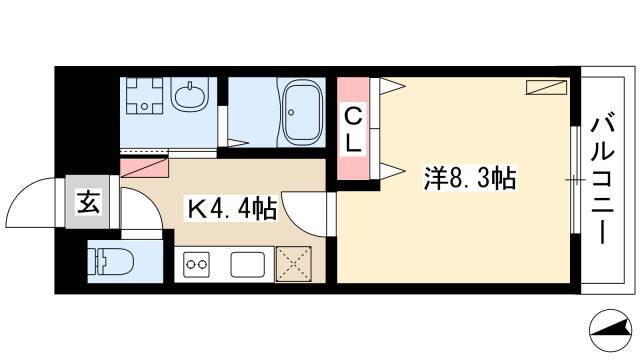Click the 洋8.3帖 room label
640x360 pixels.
point(470,178)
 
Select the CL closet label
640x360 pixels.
point(353,131)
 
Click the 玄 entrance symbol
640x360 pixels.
point(88,202)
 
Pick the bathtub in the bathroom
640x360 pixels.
point(303,111)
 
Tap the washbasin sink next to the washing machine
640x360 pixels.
point(190,94)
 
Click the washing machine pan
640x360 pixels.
point(144,95)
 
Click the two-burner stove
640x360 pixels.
point(196,264)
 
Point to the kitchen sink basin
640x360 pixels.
point(247,264)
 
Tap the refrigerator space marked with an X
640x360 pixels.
point(294,264)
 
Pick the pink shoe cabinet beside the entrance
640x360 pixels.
point(144,168)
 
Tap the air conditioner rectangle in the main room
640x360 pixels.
point(546,87)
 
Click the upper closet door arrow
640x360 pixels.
point(392,86)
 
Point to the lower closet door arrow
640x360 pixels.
point(392,170)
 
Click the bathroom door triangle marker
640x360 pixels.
point(238,143)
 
